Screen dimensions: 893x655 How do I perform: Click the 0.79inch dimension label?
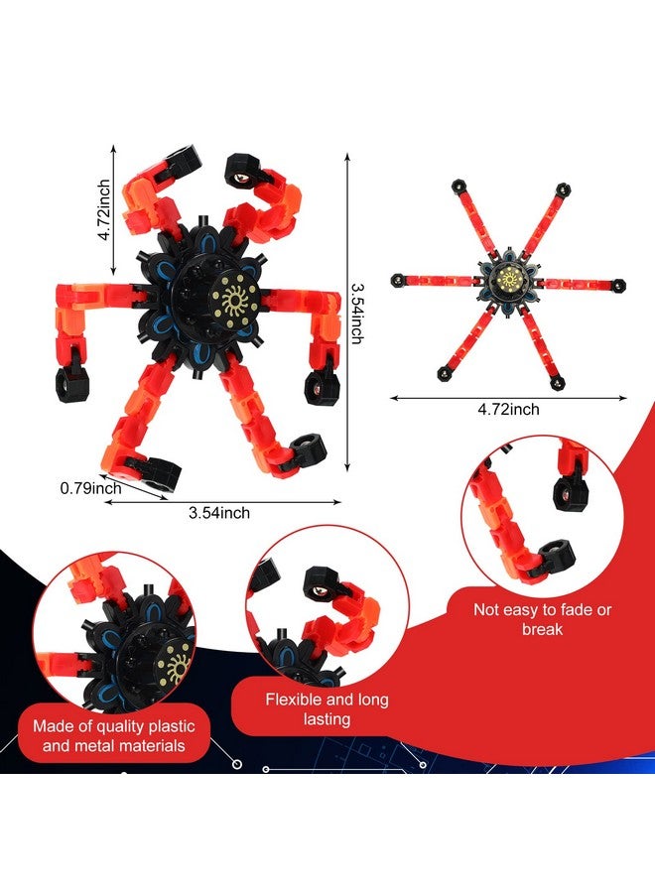(90, 487)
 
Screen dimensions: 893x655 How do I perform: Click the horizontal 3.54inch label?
(219, 513)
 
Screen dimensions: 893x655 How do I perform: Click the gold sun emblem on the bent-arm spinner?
(239, 294)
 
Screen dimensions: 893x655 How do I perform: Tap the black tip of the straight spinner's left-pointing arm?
(396, 280)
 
